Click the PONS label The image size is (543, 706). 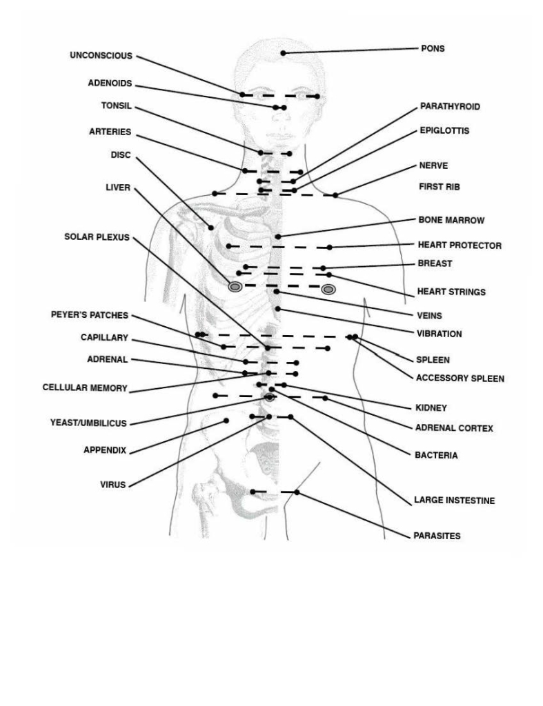(x=433, y=49)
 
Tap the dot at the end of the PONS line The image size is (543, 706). (x=283, y=53)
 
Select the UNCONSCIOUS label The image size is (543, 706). (x=101, y=56)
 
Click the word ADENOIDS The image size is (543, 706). (x=110, y=83)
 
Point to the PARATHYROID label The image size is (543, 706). (x=450, y=107)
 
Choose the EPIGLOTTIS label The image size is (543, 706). (x=444, y=130)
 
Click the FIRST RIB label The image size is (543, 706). (x=439, y=187)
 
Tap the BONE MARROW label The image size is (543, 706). (x=451, y=221)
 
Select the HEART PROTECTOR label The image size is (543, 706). (x=460, y=245)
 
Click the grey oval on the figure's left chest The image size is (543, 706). (x=328, y=289)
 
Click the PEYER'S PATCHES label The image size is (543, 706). (x=90, y=315)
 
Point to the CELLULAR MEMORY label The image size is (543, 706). (x=85, y=388)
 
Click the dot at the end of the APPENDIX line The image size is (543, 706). (x=226, y=421)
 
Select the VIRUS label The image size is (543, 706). (x=113, y=485)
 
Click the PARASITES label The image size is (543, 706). (x=436, y=535)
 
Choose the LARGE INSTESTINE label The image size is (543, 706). (x=454, y=501)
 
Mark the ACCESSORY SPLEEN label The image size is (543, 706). (x=460, y=379)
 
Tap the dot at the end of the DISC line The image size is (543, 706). (x=213, y=226)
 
